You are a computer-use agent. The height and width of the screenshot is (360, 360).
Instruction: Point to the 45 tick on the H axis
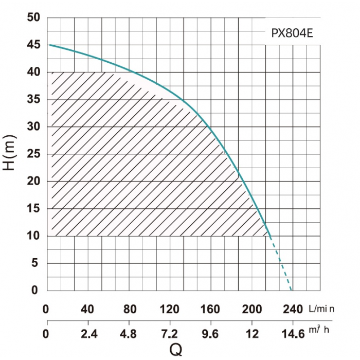coord(33,45)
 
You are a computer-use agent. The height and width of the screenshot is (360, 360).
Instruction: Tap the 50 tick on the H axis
coord(33,17)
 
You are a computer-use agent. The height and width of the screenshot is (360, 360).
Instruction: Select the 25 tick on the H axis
coord(33,154)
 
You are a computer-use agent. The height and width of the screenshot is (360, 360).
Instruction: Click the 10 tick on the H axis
coord(33,236)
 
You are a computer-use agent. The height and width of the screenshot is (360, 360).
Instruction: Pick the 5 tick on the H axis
coord(35,263)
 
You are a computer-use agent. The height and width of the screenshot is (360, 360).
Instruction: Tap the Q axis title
coord(176,350)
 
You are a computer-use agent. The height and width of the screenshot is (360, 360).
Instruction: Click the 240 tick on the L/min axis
coord(292,310)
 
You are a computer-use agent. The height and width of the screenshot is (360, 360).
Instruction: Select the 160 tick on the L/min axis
coord(210,310)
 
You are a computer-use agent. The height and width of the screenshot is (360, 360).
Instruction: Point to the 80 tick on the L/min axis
coord(129,310)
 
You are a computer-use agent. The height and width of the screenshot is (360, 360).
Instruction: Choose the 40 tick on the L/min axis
coord(88,310)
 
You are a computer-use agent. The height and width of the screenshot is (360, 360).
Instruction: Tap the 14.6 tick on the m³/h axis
coord(291,334)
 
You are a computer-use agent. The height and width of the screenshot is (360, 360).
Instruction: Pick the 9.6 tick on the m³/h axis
coord(210,334)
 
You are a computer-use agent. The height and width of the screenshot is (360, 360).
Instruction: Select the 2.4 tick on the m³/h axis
coord(88,334)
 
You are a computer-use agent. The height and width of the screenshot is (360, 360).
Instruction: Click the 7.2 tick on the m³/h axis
coord(170,334)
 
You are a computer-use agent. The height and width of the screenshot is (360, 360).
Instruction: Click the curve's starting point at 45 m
coord(48,45)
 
